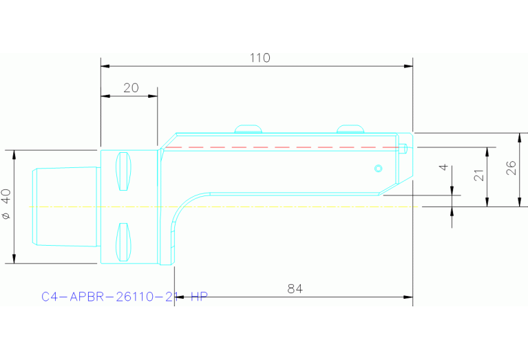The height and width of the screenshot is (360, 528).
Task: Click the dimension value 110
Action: click(x=260, y=58)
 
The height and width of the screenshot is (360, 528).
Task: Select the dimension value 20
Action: click(x=131, y=88)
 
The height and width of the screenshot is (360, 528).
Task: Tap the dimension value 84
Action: click(x=295, y=289)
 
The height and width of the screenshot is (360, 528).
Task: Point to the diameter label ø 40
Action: click(x=7, y=205)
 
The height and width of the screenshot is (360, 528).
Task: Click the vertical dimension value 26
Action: click(x=511, y=168)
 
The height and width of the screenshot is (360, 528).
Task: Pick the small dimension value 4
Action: click(x=444, y=167)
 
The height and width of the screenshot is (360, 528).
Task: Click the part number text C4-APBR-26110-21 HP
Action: click(x=124, y=297)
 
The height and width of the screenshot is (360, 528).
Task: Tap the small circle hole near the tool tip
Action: click(x=377, y=168)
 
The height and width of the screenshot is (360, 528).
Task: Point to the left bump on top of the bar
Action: click(x=249, y=128)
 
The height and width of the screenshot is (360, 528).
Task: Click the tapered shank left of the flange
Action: click(x=66, y=206)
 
